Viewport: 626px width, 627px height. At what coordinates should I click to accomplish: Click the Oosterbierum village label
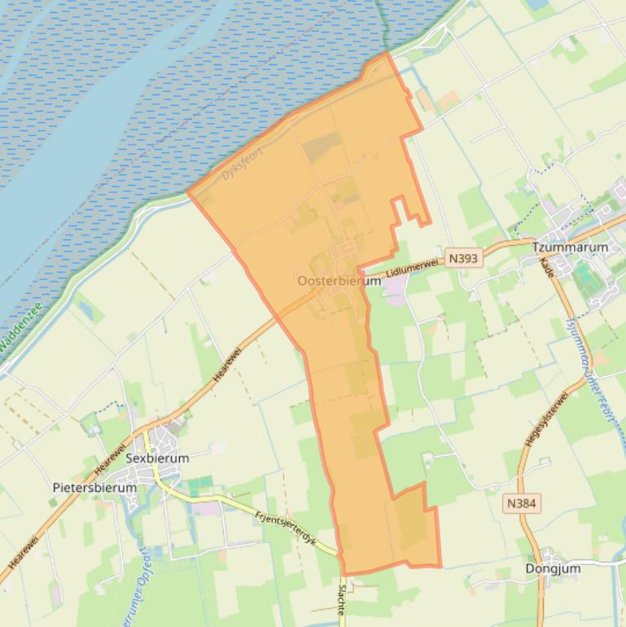pyautogui.click(x=339, y=281)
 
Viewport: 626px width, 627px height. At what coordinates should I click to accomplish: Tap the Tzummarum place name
pyautogui.click(x=570, y=247)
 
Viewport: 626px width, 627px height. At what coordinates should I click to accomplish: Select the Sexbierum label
pyautogui.click(x=157, y=458)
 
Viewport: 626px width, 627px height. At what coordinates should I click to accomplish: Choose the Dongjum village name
pyautogui.click(x=553, y=568)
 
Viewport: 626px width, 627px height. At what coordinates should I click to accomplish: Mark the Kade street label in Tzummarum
pyautogui.click(x=548, y=268)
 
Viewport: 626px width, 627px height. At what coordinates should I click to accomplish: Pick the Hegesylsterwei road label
pyautogui.click(x=535, y=421)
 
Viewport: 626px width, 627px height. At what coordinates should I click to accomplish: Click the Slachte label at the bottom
pyautogui.click(x=340, y=600)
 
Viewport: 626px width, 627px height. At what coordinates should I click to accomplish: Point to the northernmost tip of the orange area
pyautogui.click(x=387, y=55)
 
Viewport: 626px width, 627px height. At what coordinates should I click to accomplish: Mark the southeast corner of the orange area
pyautogui.click(x=440, y=566)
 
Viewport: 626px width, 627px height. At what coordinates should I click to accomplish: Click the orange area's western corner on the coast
pyautogui.click(x=189, y=194)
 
